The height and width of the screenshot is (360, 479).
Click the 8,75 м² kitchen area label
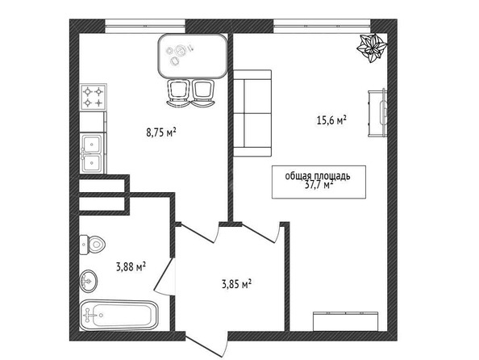161,132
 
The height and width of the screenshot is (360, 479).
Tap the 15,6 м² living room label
331,120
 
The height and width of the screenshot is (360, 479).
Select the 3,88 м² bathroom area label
131,267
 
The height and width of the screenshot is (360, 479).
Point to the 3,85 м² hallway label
236,284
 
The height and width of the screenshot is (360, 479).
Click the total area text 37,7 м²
319,185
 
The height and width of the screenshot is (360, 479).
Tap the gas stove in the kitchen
94,97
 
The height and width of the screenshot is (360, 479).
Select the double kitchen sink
92,153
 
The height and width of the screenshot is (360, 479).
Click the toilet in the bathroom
92,245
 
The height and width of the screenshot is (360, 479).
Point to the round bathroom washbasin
89,281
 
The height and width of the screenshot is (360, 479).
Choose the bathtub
119,316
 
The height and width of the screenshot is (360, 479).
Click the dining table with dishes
193,56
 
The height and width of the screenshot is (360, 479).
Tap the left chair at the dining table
178,93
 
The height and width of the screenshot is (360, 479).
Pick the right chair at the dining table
202,93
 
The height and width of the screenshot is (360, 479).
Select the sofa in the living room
252,113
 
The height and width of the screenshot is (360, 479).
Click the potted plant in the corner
372,48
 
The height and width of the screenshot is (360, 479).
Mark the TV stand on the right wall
377,113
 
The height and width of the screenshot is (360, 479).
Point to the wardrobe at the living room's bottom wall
345,321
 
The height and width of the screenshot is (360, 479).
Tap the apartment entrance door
206,345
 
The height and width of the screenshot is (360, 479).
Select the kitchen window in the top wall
145,26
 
